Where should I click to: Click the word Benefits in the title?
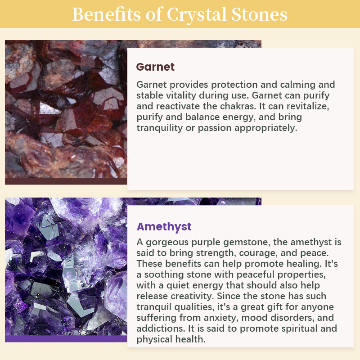click(x=107, y=14)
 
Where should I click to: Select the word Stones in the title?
click(x=260, y=14)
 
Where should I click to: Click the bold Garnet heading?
click(x=155, y=67)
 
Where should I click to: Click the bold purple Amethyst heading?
click(x=164, y=227)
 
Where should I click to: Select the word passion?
click(x=215, y=128)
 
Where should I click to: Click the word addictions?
click(x=161, y=328)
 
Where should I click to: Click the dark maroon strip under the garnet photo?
click(x=66, y=181)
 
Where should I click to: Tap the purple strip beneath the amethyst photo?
click(x=66, y=339)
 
